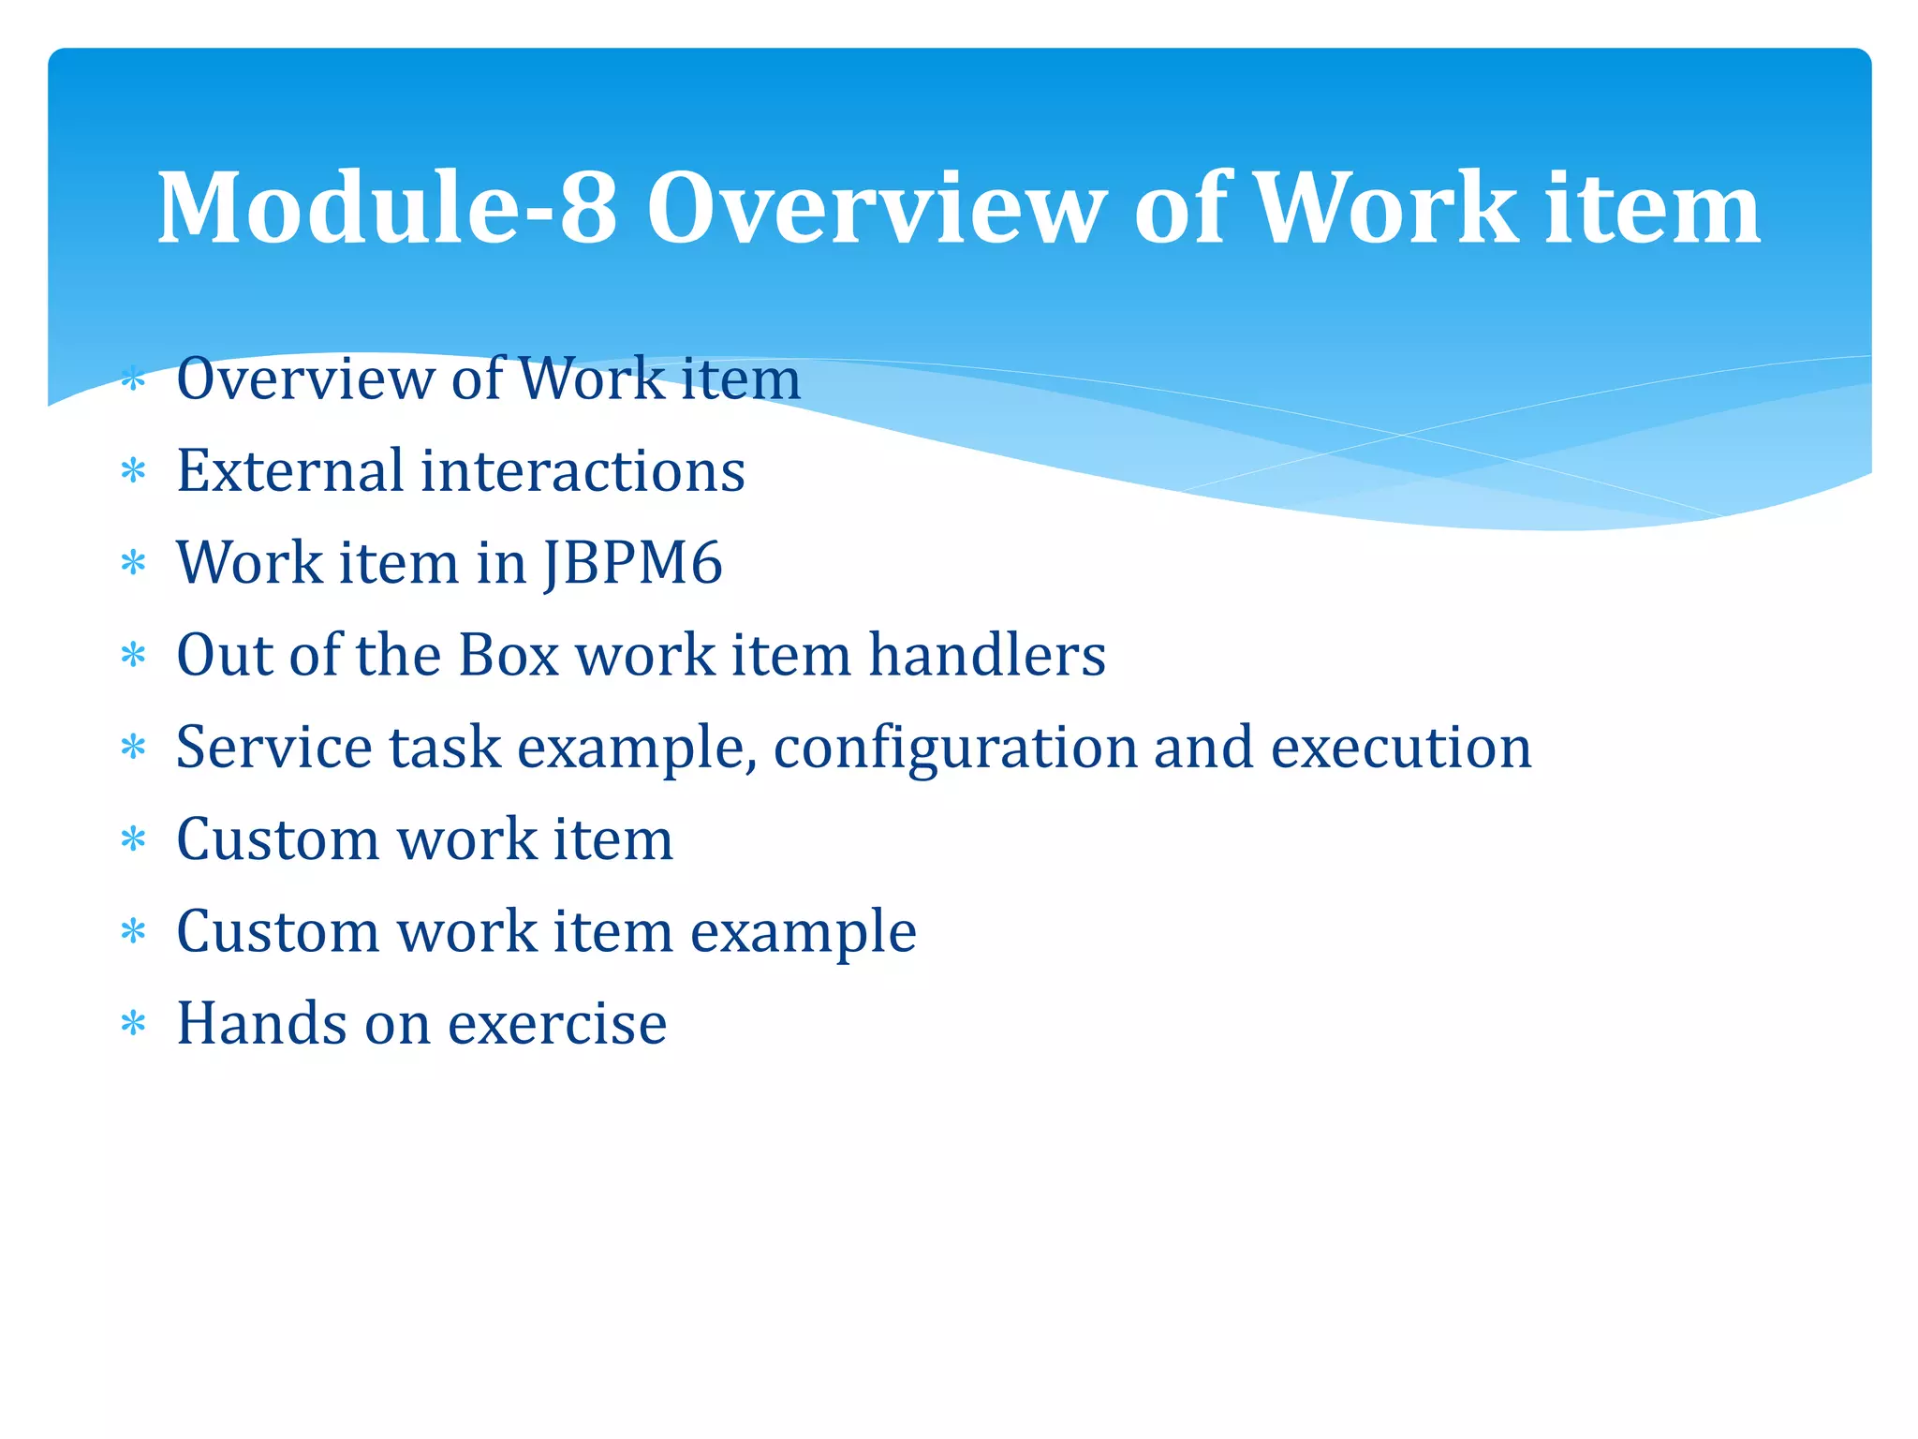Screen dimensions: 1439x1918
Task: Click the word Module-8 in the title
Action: coord(387,208)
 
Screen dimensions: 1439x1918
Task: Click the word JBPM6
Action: coord(633,563)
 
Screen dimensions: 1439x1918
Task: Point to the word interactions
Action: coord(583,470)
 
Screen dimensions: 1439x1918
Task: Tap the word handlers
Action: coord(987,654)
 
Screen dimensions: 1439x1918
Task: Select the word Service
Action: coord(273,747)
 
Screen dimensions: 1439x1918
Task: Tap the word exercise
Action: coord(557,1024)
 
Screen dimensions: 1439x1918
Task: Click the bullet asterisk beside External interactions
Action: coord(134,471)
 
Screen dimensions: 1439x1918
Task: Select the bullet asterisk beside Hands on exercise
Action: coord(134,1024)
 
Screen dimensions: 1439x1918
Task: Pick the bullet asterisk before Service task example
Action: coord(134,748)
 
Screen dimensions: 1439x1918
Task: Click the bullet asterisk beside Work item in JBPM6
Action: coord(134,563)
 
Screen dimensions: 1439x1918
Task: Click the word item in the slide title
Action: coord(1652,208)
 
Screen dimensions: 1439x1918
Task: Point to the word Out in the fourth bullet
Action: coord(224,654)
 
